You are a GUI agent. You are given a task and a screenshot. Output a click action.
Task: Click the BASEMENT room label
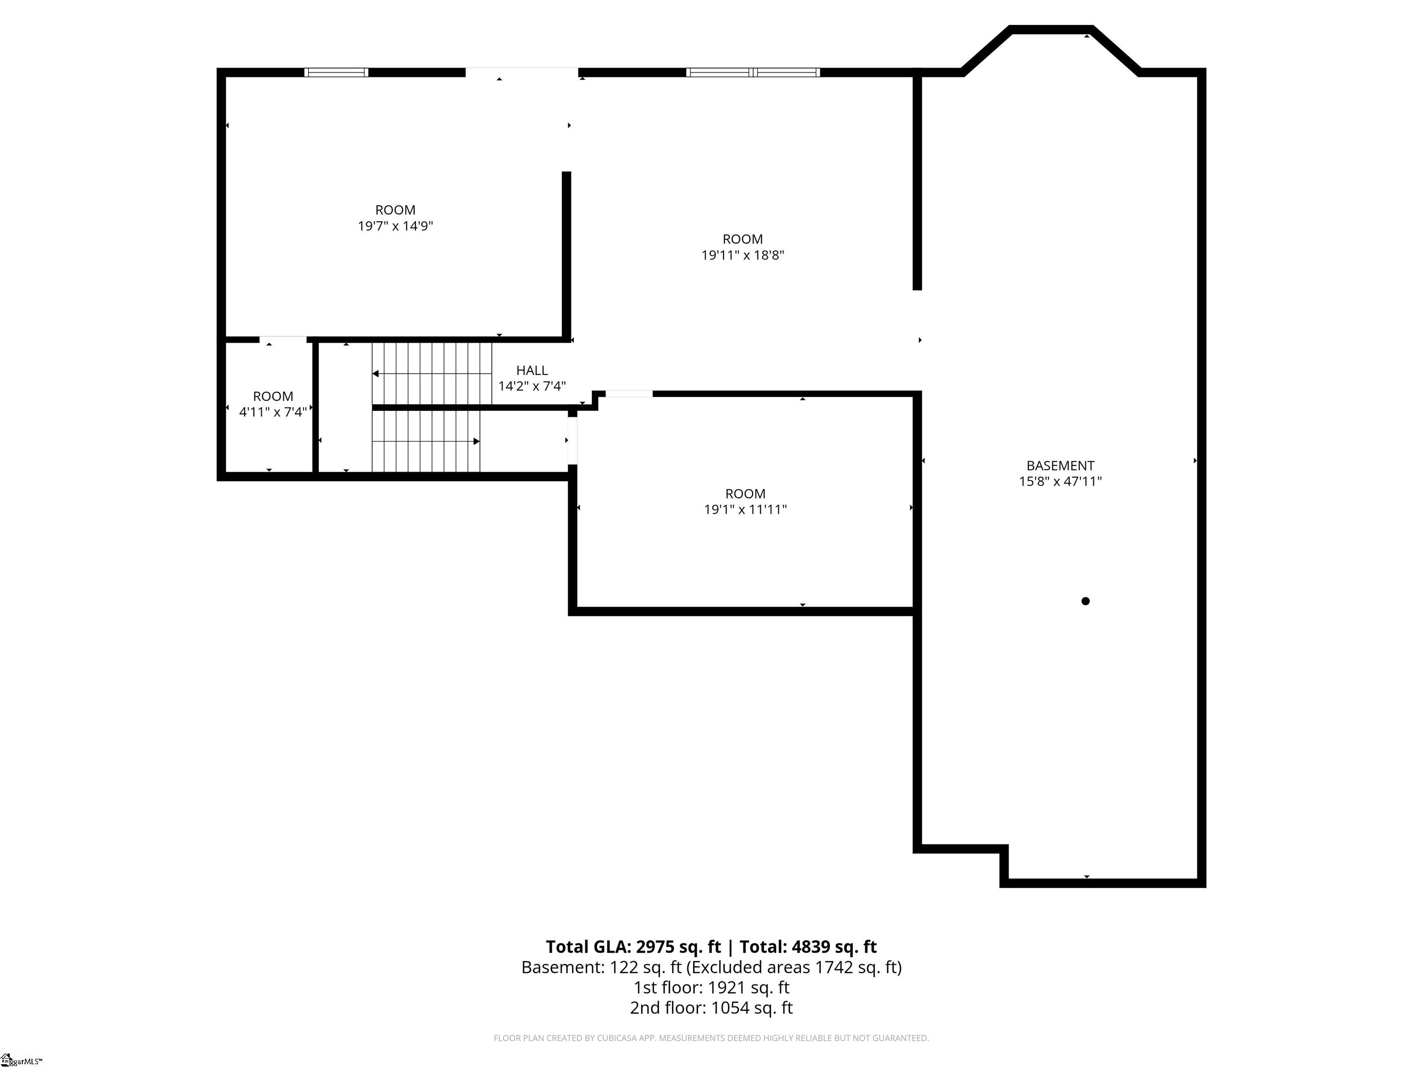click(1060, 465)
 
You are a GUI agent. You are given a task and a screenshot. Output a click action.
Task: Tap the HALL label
click(532, 370)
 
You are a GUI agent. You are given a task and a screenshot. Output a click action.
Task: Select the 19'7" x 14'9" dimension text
click(396, 226)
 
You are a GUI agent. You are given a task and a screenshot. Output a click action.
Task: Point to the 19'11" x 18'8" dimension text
click(743, 255)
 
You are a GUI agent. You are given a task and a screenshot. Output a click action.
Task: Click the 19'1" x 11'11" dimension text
click(746, 509)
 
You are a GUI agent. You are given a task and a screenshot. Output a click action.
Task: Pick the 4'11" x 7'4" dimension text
click(273, 412)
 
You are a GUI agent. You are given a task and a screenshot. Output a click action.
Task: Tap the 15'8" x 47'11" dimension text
click(1060, 481)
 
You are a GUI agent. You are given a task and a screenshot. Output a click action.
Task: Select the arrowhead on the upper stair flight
click(375, 374)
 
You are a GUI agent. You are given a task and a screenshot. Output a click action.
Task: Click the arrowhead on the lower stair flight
click(477, 441)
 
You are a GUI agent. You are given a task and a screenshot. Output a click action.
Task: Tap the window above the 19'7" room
click(336, 72)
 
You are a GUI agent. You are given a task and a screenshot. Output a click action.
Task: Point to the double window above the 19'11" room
click(753, 72)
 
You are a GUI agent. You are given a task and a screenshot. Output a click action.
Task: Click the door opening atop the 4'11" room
click(283, 339)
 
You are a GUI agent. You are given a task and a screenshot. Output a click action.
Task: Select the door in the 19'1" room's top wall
click(629, 394)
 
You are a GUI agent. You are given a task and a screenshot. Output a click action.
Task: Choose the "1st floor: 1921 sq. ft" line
click(711, 987)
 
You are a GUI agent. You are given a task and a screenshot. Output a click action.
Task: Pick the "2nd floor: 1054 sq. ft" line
click(711, 1008)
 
